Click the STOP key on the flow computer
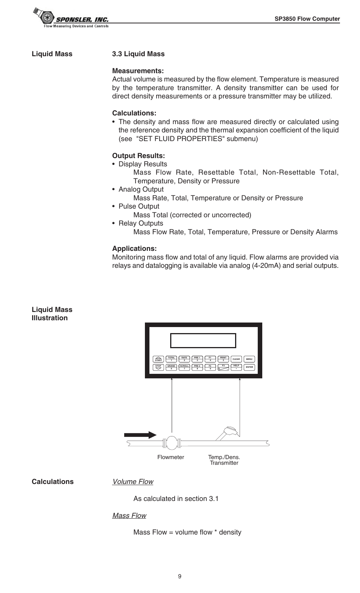158,367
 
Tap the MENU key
249,359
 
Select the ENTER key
249,367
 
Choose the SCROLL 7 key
184,367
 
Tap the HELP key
236,367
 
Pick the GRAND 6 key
171,367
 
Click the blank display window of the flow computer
203,341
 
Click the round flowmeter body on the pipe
172,442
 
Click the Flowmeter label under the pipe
171,457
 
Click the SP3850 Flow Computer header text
307,19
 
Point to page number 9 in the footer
180,576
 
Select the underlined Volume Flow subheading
133,482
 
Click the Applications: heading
134,249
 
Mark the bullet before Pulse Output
114,207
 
